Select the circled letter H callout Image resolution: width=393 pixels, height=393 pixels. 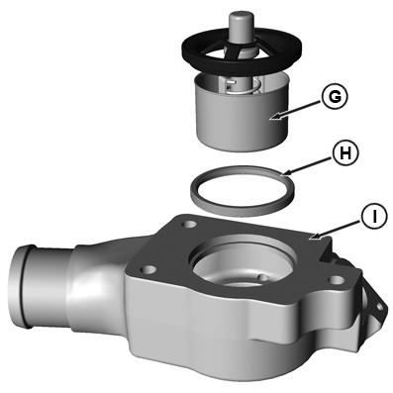pos(344,154)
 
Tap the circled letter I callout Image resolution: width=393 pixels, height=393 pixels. pos(374,217)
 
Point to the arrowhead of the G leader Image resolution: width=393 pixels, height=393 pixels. pos(274,117)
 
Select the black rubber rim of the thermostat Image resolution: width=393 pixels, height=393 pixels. pos(242,67)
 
